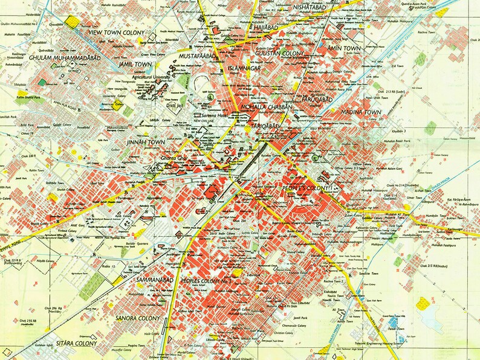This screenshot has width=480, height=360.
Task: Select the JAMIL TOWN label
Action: click(x=134, y=63)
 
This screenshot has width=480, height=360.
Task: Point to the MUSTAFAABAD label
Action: click(x=198, y=56)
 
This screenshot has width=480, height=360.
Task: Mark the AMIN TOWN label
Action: click(x=343, y=48)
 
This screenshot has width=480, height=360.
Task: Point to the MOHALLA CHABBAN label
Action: click(x=266, y=107)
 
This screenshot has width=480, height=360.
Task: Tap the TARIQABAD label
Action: click(x=266, y=125)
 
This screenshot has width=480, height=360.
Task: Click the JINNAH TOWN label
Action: click(x=144, y=142)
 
